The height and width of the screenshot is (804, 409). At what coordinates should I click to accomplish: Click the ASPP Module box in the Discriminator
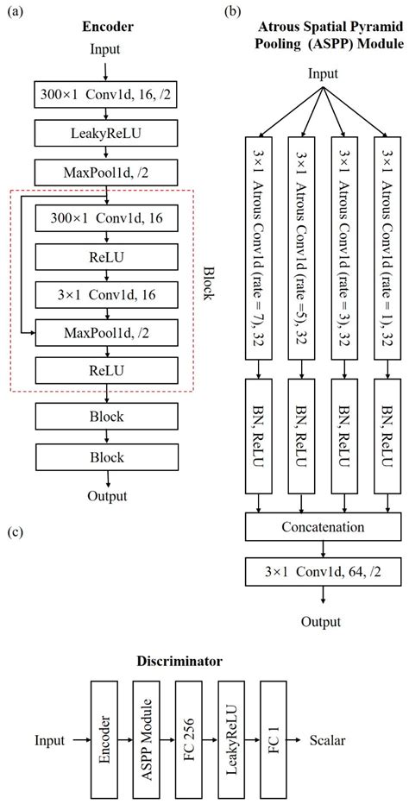(x=149, y=739)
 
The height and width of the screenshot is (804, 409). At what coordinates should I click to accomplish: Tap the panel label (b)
(x=233, y=12)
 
